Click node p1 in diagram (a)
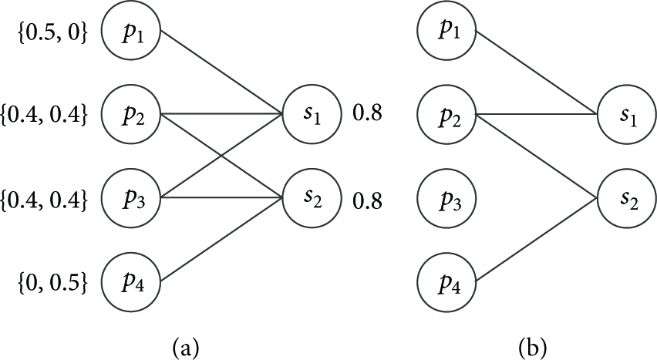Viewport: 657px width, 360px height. click(x=131, y=32)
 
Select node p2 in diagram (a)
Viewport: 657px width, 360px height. click(x=131, y=114)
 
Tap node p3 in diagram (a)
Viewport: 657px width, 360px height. click(x=131, y=198)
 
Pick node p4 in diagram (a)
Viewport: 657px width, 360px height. click(x=131, y=281)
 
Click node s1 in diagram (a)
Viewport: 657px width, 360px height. click(x=312, y=114)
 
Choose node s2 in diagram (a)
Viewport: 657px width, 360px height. click(x=312, y=198)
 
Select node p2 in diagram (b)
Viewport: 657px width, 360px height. click(x=446, y=114)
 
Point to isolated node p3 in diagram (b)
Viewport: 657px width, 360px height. click(x=446, y=198)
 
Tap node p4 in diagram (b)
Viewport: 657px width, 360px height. click(x=446, y=281)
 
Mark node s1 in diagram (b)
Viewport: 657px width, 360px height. click(x=627, y=114)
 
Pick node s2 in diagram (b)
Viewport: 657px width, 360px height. click(x=627, y=198)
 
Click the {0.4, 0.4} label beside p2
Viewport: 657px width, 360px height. click(x=44, y=115)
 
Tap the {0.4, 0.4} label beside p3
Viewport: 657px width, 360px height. click(x=44, y=200)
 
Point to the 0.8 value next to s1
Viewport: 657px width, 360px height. click(x=368, y=113)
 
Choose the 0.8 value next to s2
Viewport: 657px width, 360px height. click(x=368, y=201)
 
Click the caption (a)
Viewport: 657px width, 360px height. click(x=185, y=347)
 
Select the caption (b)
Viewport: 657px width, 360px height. click(x=533, y=347)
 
